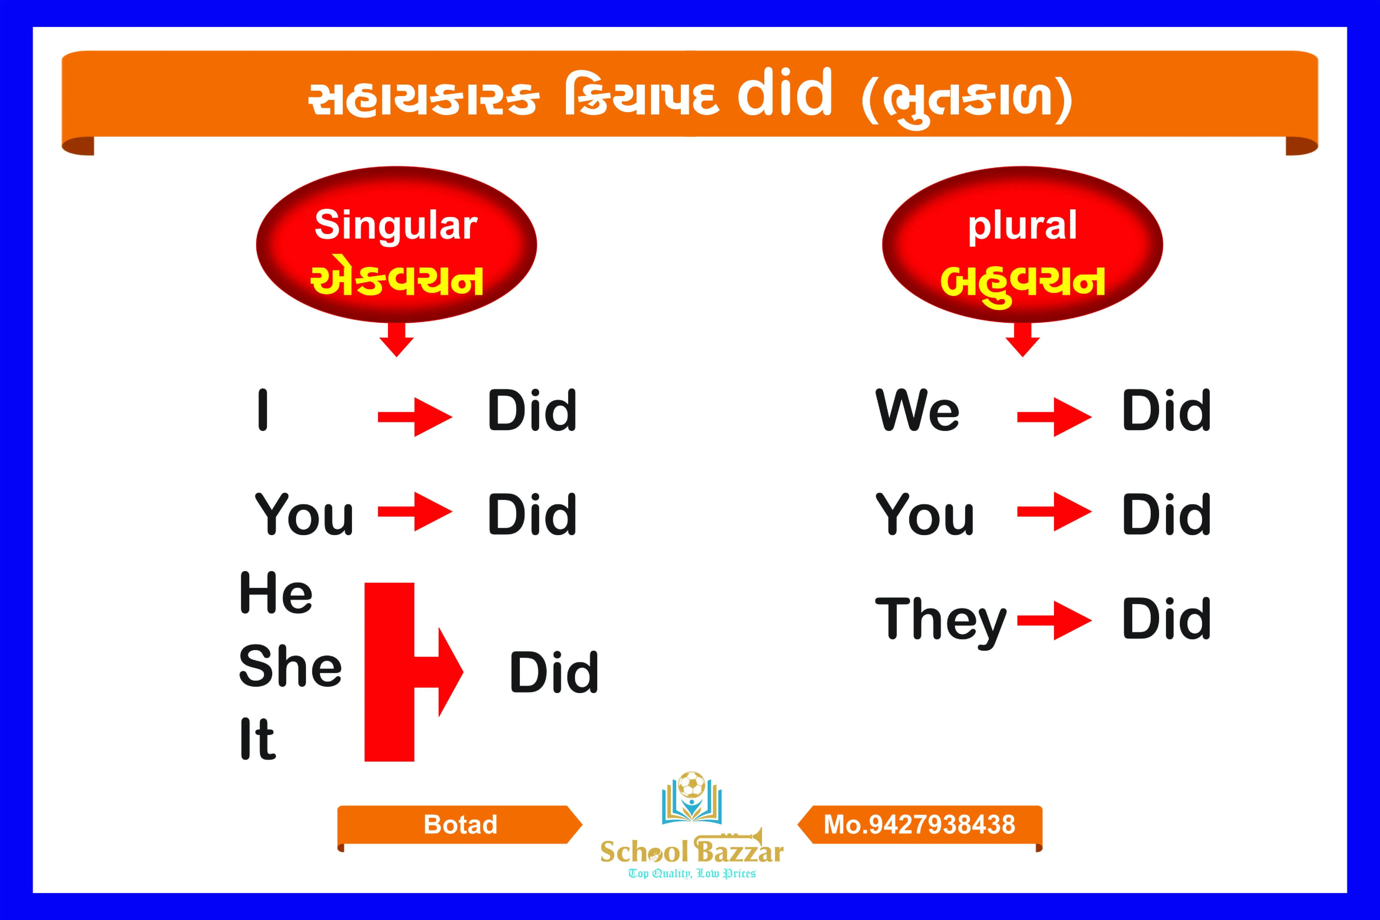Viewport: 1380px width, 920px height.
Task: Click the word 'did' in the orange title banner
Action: [785, 94]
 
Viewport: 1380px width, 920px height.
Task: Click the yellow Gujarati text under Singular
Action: [397, 280]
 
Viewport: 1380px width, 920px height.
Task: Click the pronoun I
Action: [263, 410]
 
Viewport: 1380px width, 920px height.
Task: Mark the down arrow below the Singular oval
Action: [397, 340]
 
